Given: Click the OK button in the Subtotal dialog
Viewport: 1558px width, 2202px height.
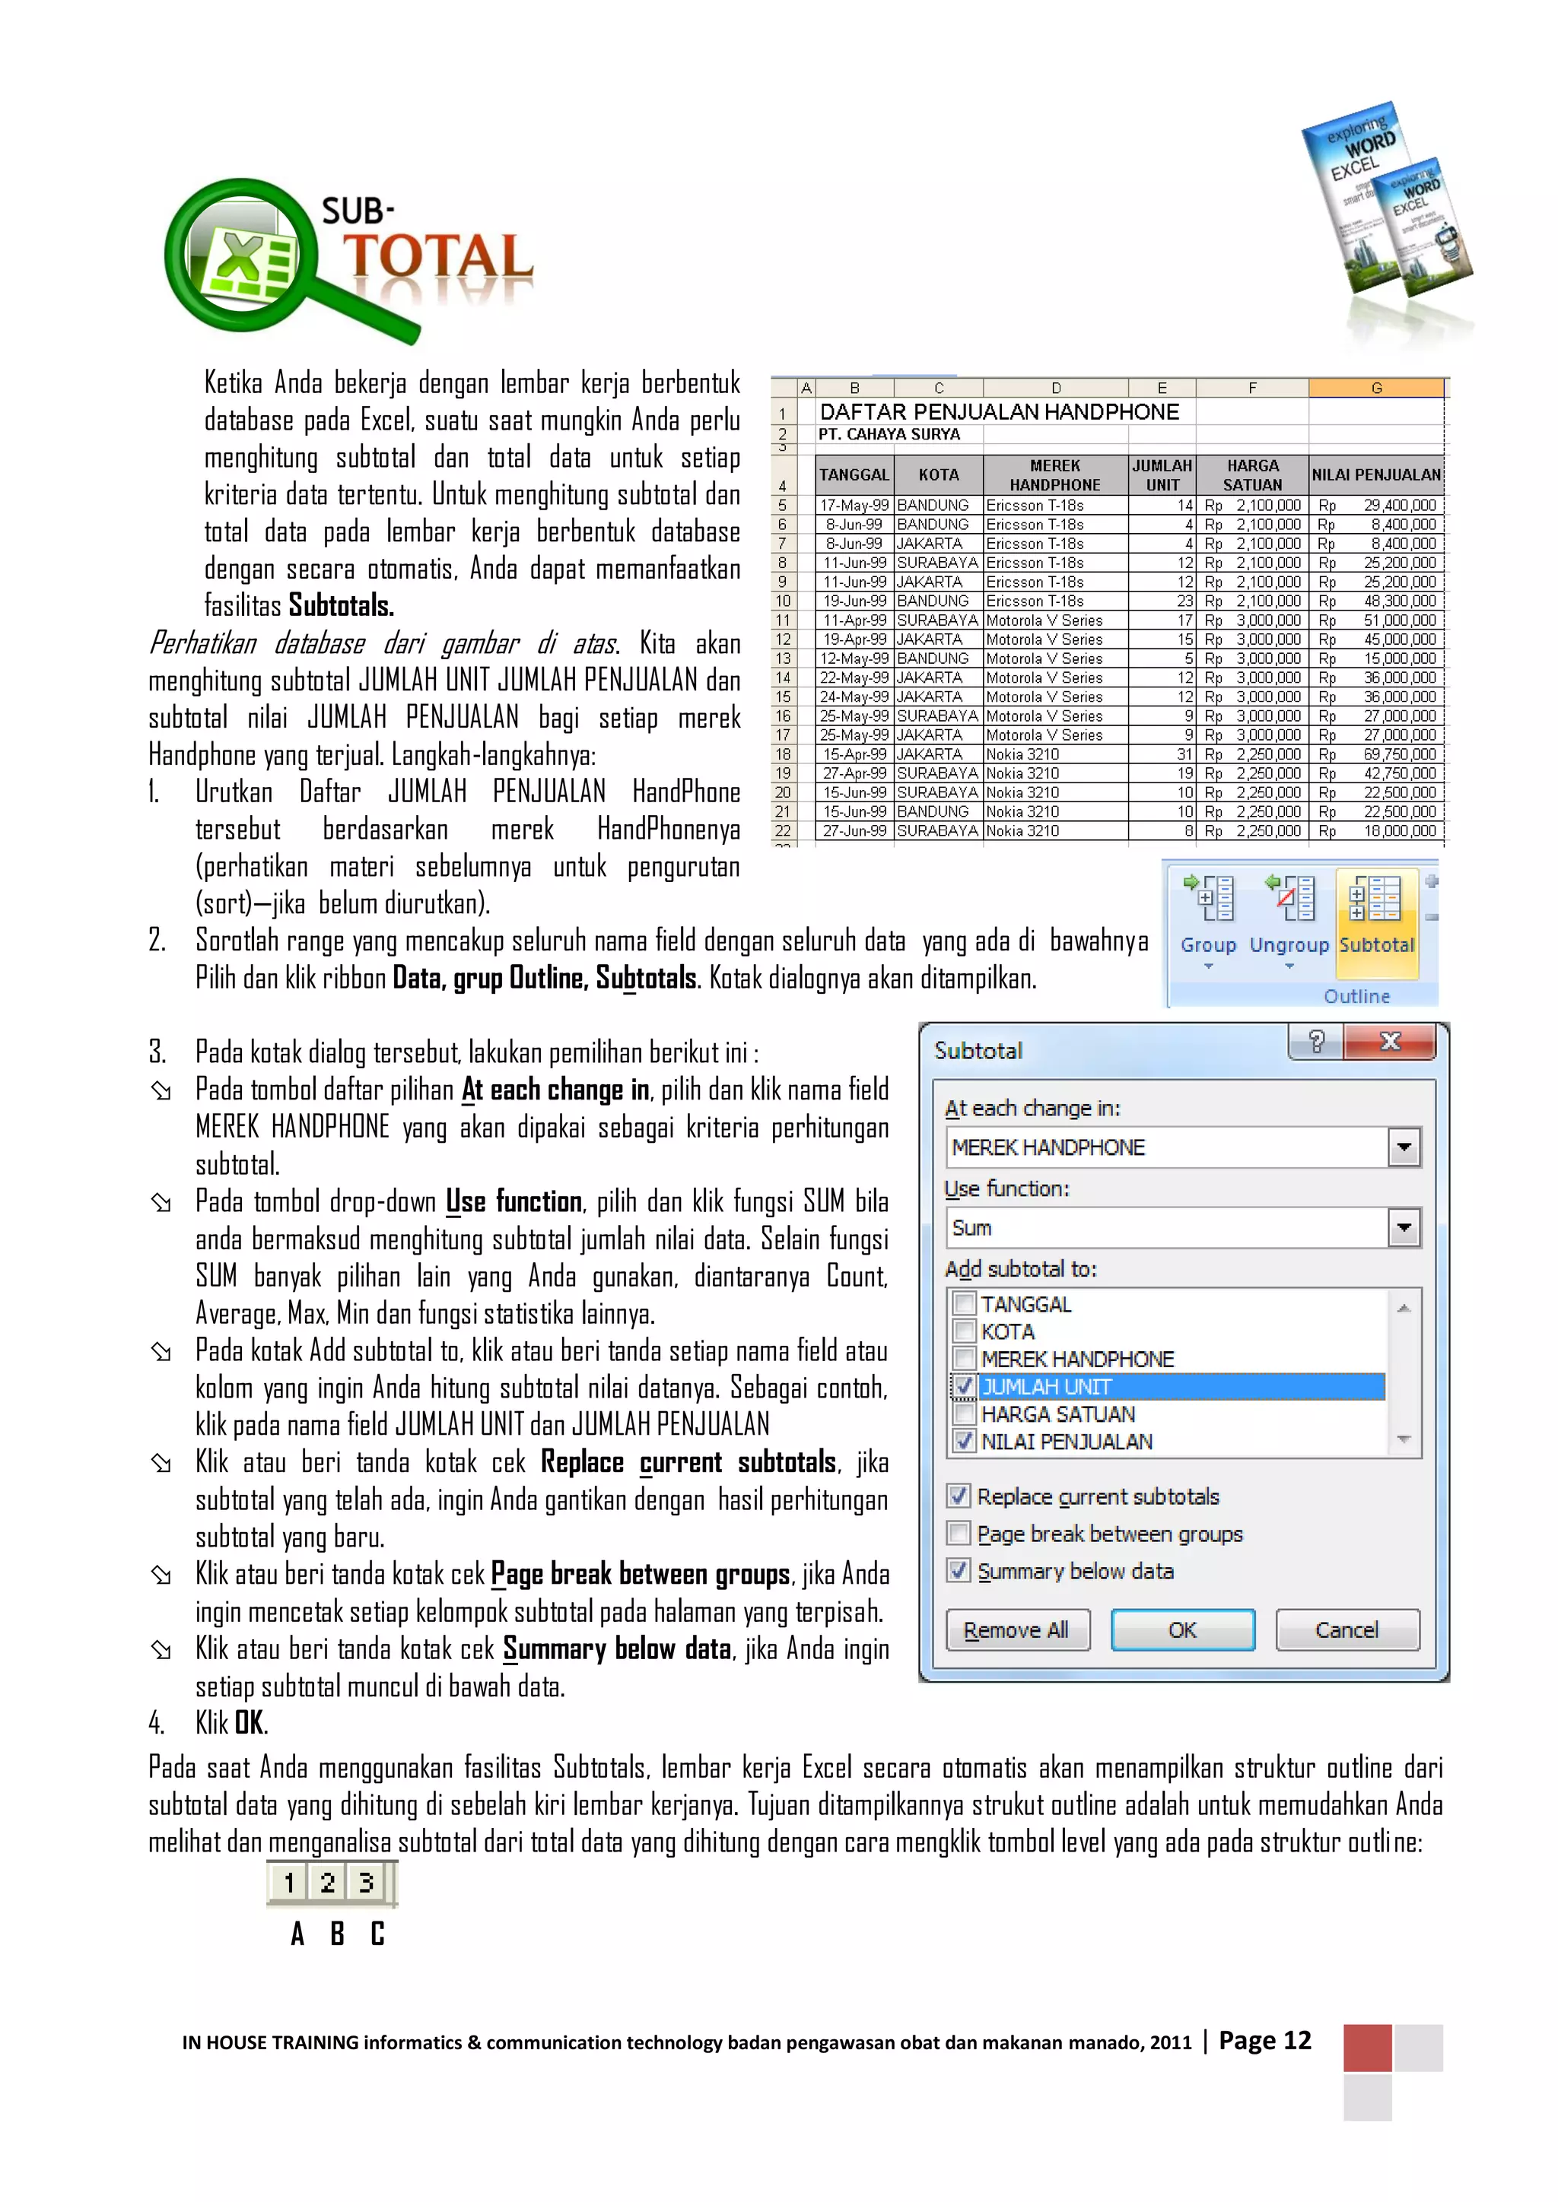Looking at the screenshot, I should click(1182, 1629).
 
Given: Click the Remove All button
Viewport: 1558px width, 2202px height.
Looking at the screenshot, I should click(1017, 1629).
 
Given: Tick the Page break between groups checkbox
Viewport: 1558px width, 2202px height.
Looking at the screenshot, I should click(959, 1534).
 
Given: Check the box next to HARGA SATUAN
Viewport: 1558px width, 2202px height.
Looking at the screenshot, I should click(964, 1414).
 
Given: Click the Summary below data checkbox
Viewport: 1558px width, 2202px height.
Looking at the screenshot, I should click(959, 1571).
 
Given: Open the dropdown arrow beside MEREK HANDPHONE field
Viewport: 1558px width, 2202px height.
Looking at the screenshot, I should click(1404, 1147).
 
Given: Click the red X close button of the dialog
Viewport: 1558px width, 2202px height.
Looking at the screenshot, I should click(1389, 1042).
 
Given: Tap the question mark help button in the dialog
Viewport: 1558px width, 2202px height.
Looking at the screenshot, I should click(1316, 1042).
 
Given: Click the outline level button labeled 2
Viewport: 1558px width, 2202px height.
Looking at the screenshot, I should click(327, 1883).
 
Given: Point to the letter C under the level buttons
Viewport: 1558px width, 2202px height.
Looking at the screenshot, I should click(377, 1934).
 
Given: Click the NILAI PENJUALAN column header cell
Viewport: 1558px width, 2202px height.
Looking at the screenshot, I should click(1375, 474).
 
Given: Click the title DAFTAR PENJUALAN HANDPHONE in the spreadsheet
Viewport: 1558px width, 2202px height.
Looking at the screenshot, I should click(999, 412).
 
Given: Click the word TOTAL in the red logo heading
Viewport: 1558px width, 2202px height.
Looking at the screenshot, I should click(437, 257).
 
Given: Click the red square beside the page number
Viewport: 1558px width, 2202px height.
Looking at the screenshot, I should click(1367, 2048).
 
